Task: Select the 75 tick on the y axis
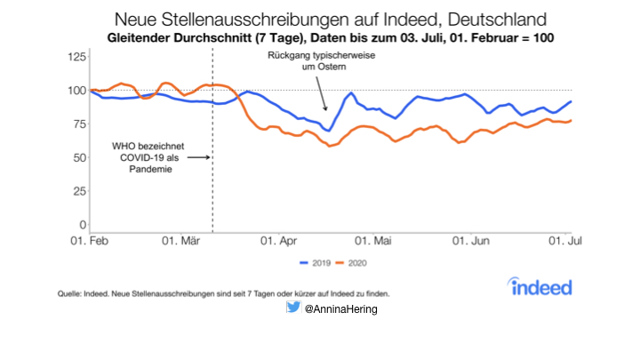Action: [78, 124]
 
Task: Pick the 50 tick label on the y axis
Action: [78, 157]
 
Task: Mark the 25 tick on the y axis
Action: [78, 191]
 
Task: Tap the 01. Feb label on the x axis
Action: [91, 240]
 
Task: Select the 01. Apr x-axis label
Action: [277, 240]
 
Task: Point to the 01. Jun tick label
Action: [471, 240]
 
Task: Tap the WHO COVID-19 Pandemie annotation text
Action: [141, 157]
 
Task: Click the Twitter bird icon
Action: [292, 308]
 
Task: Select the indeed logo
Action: [541, 286]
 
